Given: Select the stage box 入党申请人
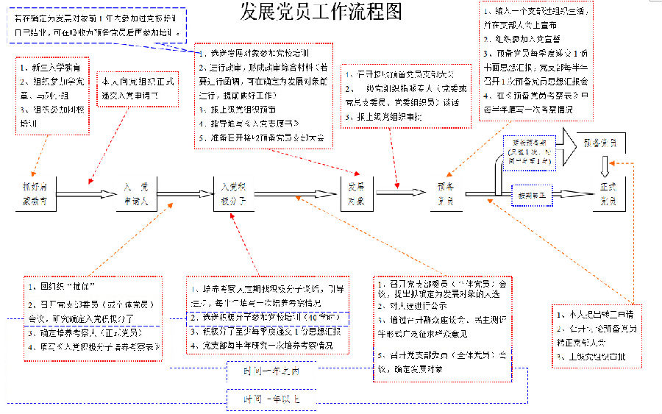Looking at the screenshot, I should click(135, 193).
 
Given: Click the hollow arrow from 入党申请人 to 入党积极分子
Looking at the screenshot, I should click(179, 194).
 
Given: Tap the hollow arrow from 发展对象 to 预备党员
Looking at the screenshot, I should click(400, 194).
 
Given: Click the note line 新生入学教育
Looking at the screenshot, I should click(49, 68).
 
